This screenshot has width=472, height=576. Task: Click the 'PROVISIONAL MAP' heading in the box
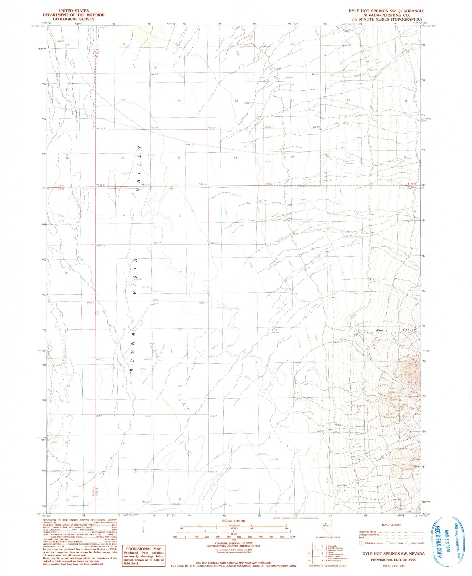pos(144,549)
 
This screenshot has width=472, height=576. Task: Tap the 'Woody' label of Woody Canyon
pos(381,330)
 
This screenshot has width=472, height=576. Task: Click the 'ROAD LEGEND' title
pos(391,525)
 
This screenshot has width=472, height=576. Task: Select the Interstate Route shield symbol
pos(361,543)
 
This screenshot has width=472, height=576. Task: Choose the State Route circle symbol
pos(407,543)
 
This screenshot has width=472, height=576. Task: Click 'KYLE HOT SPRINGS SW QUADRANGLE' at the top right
pos(386,11)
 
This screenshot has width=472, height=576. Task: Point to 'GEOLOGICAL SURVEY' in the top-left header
pos(70,19)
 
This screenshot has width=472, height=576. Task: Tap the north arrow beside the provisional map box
pos(144,534)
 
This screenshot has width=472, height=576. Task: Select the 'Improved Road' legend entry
pos(368,532)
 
